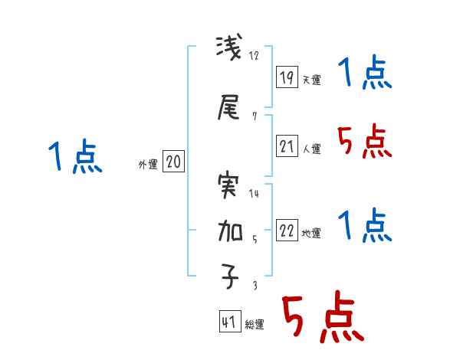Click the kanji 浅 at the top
tap(229, 51)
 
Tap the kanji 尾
tap(229, 108)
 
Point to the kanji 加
tap(229, 232)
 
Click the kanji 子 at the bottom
tap(229, 279)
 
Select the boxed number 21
tap(287, 146)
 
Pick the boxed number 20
tap(173, 162)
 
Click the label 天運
tap(311, 79)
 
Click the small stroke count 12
tap(255, 55)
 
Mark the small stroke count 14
tap(255, 193)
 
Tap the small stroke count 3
tap(254, 285)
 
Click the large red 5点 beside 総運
tap(322, 318)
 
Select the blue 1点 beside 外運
tap(74, 157)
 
